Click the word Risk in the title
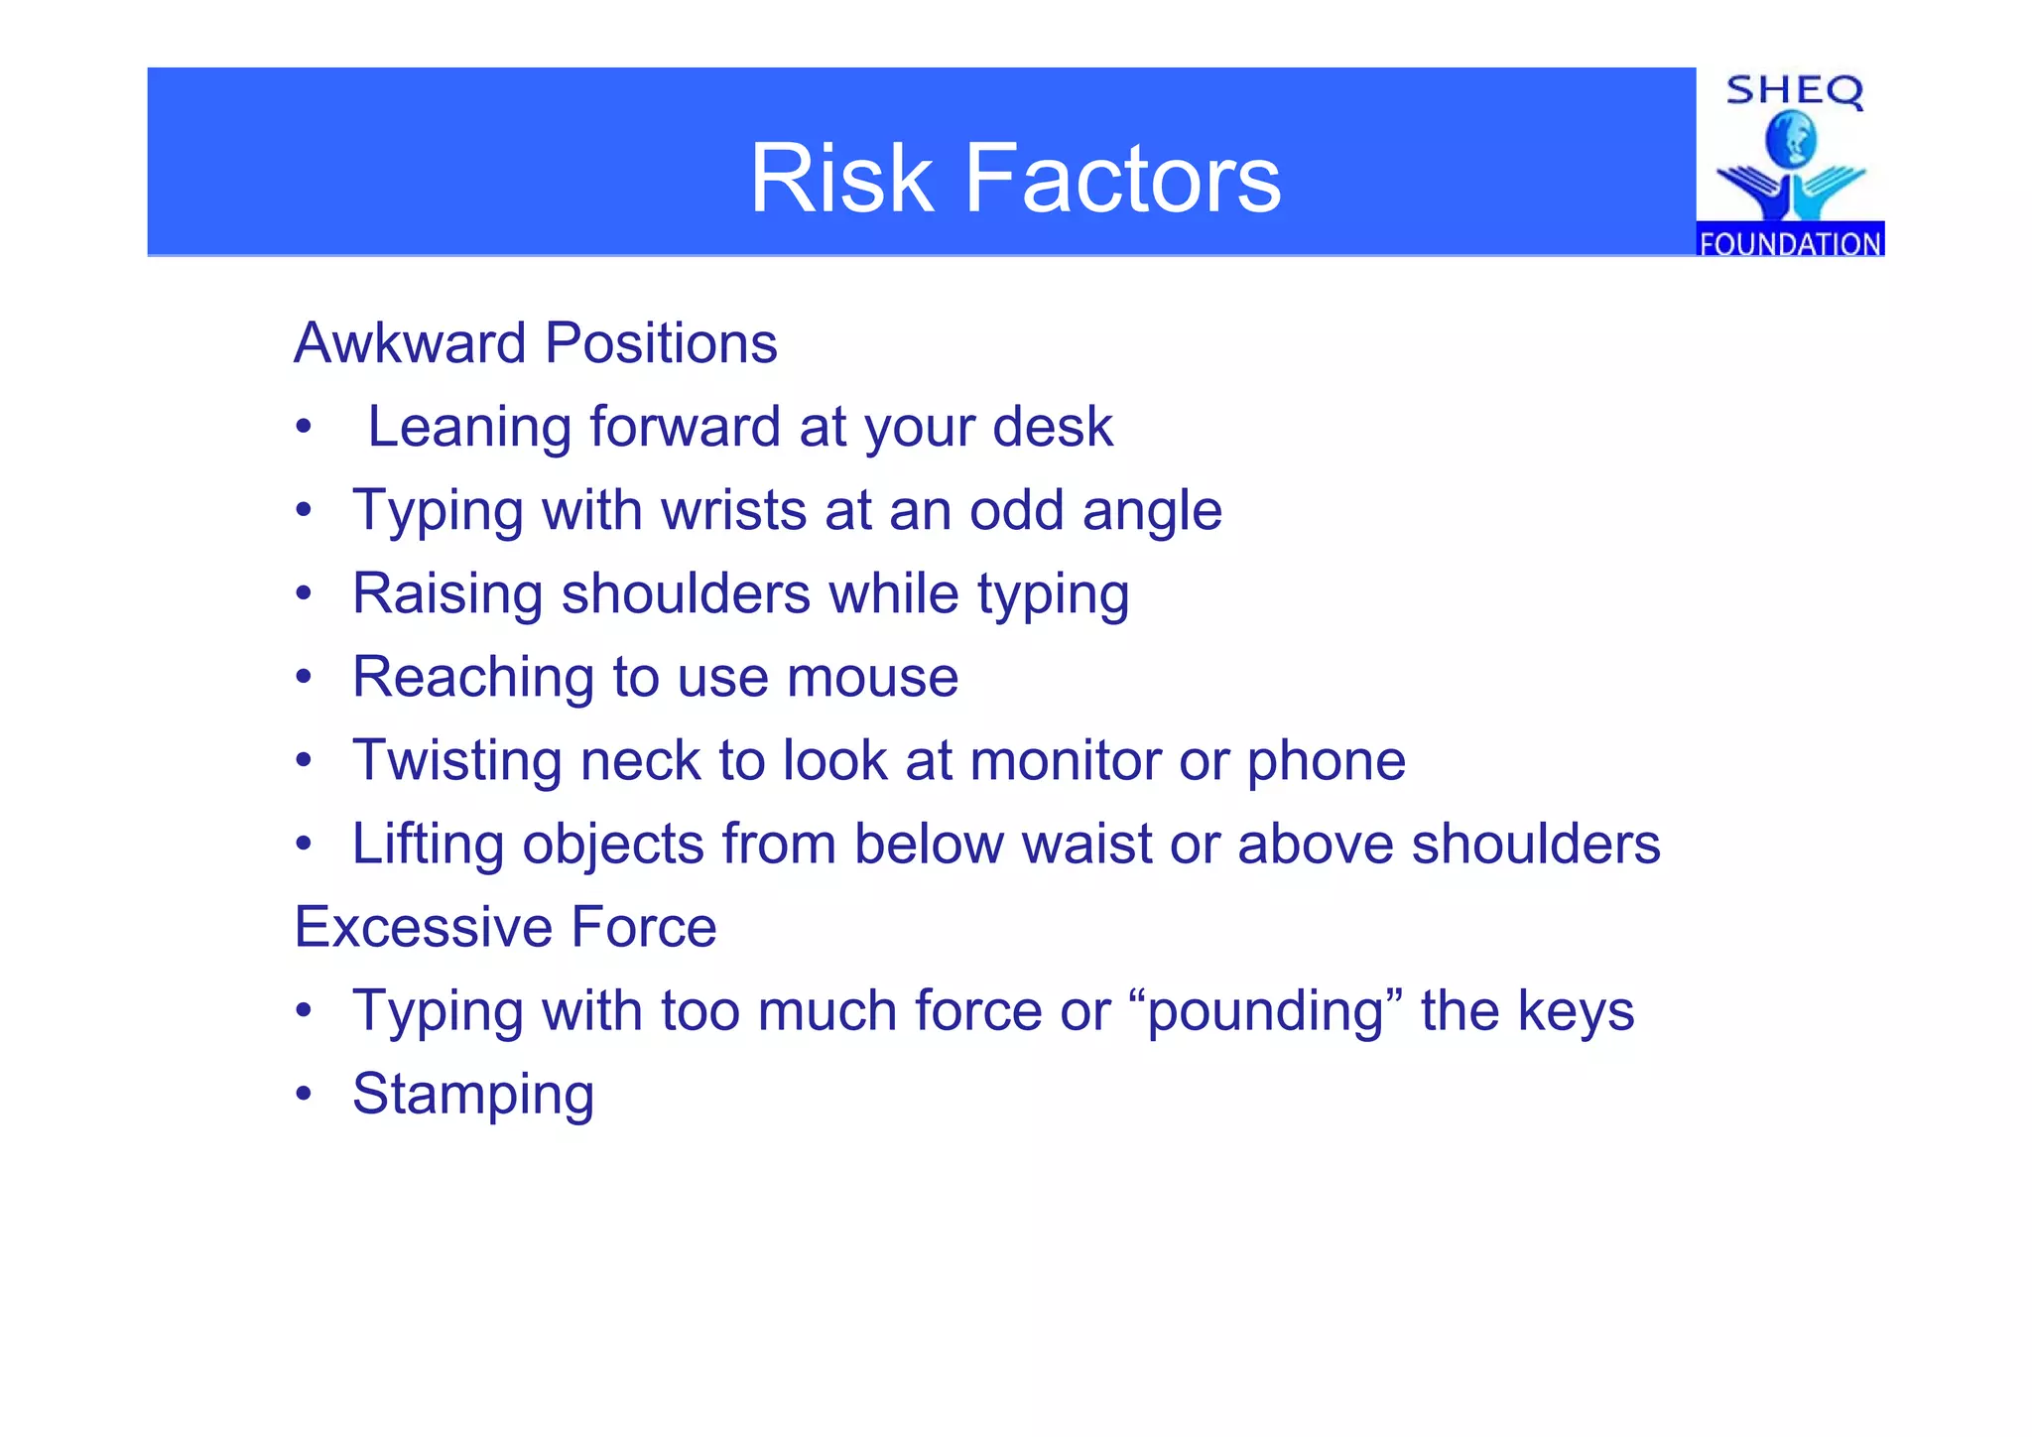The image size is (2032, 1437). click(x=840, y=179)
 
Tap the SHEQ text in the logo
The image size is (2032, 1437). click(x=1794, y=92)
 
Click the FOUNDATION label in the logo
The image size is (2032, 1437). click(x=1790, y=243)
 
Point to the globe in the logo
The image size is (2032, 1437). click(x=1791, y=140)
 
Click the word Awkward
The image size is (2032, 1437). click(x=410, y=343)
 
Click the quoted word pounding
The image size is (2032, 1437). click(x=1265, y=1012)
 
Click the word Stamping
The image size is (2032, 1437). click(x=473, y=1096)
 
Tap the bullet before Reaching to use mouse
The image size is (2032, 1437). click(x=304, y=678)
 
